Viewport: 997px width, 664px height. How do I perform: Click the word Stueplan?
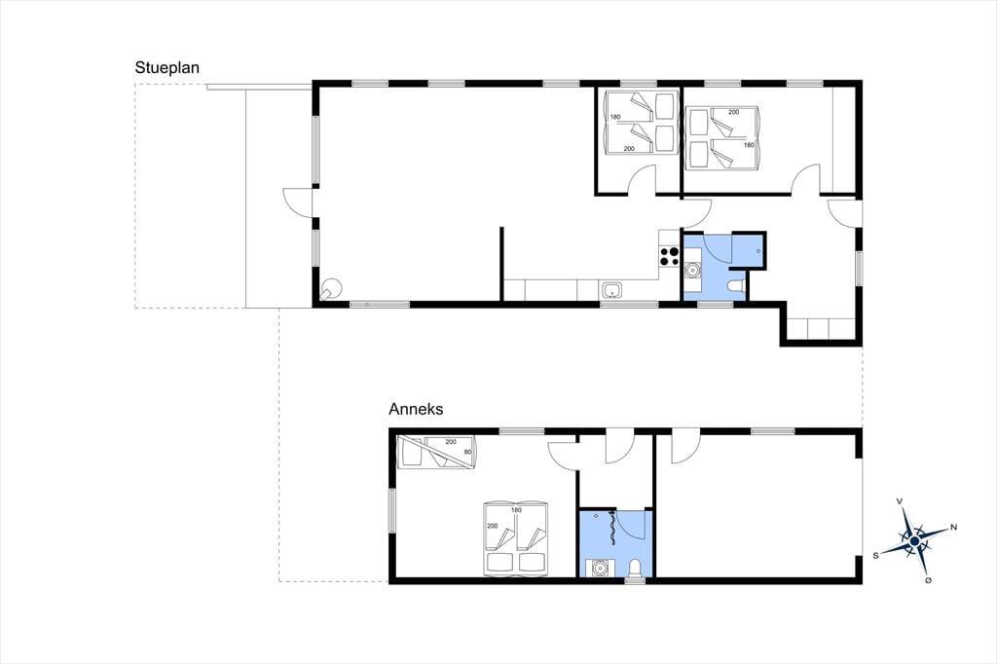(167, 68)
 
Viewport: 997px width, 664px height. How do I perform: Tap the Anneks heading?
(416, 409)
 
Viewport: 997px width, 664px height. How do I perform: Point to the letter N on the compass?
(953, 527)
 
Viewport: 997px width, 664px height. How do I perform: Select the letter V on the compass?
(900, 501)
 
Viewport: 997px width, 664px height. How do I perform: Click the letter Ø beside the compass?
(928, 580)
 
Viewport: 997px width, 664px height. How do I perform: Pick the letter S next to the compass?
(875, 555)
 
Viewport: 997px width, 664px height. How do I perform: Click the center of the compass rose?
(914, 540)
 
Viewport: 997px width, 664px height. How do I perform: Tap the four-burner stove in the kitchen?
(670, 256)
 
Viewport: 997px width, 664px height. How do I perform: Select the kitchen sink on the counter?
(611, 291)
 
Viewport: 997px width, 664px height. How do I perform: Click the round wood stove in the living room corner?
(331, 289)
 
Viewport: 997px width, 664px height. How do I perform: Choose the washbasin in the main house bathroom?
(692, 271)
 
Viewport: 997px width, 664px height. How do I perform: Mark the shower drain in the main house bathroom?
(758, 251)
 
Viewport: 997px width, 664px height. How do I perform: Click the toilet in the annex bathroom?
(635, 568)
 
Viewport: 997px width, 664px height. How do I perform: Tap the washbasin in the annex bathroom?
(599, 568)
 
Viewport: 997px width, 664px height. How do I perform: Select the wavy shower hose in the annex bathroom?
(612, 528)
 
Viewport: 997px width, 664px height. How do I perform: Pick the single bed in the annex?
(436, 452)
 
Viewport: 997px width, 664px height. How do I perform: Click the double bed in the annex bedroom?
(516, 538)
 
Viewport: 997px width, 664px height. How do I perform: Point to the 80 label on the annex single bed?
(468, 452)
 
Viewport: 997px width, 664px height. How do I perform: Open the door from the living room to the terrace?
(298, 203)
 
